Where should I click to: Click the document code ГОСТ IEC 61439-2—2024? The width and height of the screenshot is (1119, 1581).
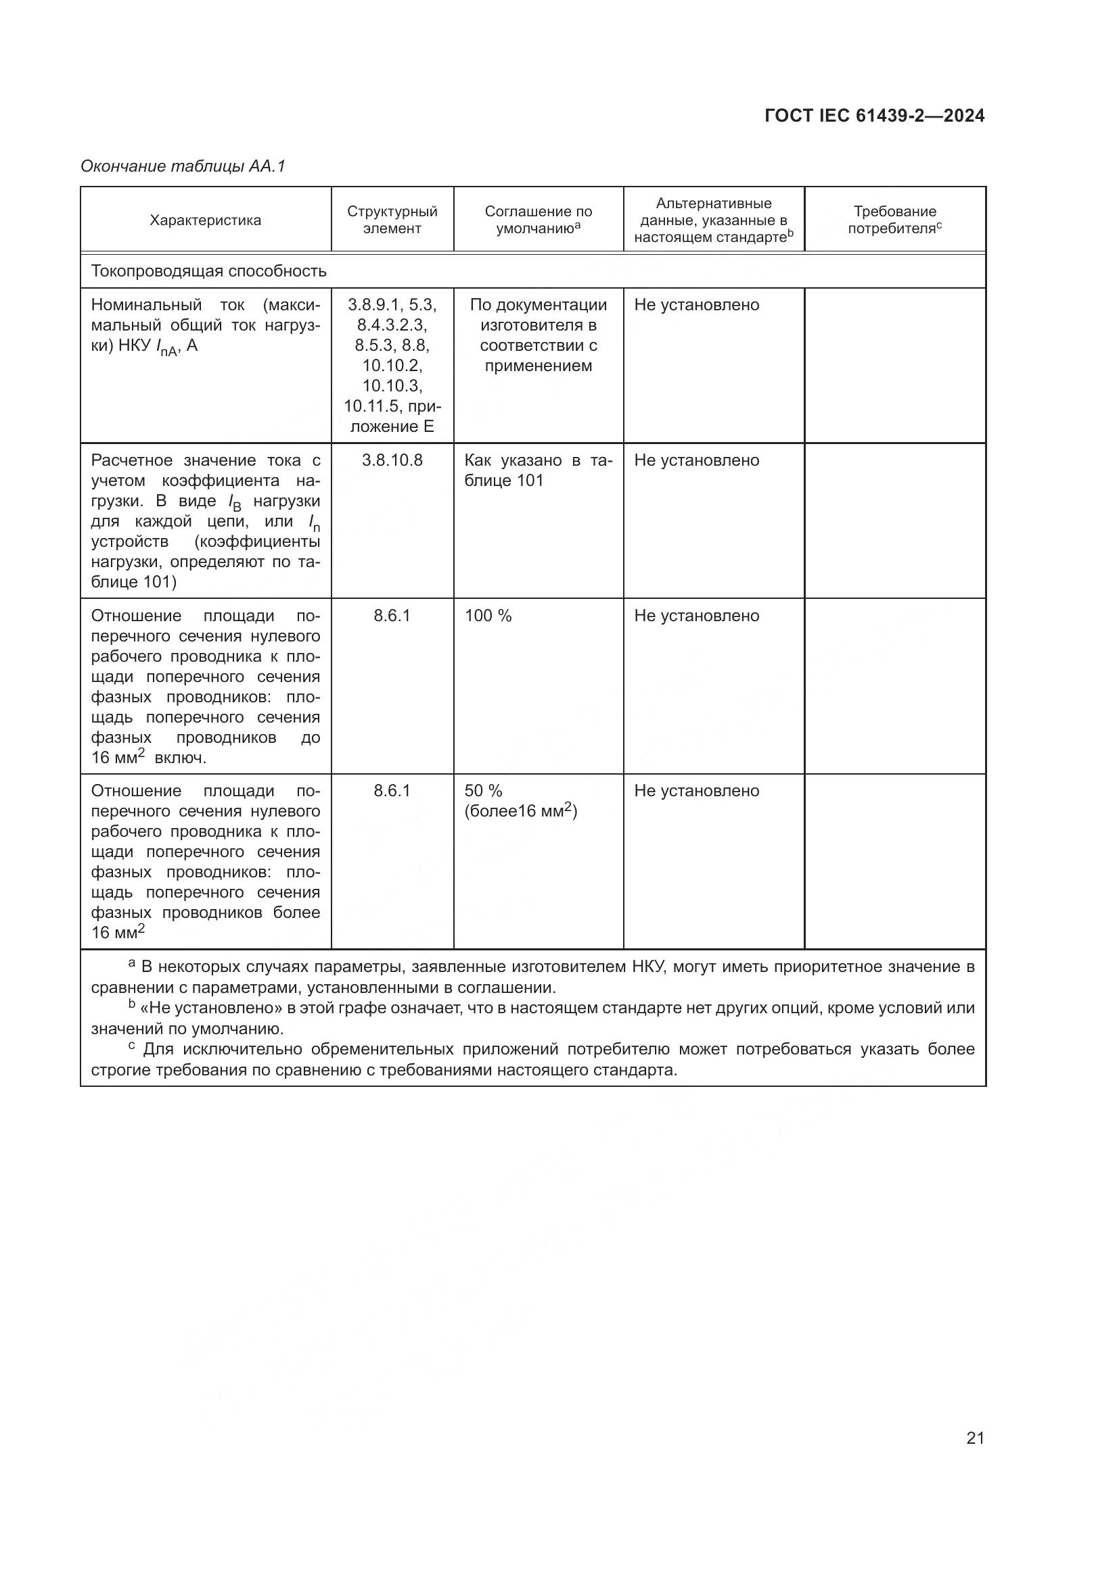(x=873, y=116)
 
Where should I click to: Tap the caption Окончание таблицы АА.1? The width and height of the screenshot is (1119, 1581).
(x=183, y=167)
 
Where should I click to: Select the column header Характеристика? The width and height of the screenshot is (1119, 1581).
(x=206, y=220)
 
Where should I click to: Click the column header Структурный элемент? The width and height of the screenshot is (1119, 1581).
(x=392, y=220)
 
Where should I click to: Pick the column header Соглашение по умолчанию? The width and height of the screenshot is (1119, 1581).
(x=538, y=220)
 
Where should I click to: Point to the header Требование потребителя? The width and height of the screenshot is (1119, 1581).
(x=894, y=220)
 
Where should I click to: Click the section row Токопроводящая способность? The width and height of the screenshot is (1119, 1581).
(x=209, y=271)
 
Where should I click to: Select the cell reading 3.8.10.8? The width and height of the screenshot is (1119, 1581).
(x=392, y=461)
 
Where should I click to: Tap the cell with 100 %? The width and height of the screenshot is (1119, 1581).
(x=488, y=616)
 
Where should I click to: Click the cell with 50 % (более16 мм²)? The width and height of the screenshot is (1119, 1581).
(x=520, y=802)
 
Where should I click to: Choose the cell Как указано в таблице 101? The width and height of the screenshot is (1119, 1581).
(x=538, y=470)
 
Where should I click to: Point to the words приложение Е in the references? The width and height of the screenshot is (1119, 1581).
(x=393, y=416)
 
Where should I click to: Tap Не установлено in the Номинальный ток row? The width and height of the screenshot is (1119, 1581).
(x=697, y=305)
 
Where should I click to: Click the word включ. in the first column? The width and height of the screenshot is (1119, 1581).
(x=180, y=759)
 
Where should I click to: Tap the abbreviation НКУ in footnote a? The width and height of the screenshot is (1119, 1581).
(x=647, y=967)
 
